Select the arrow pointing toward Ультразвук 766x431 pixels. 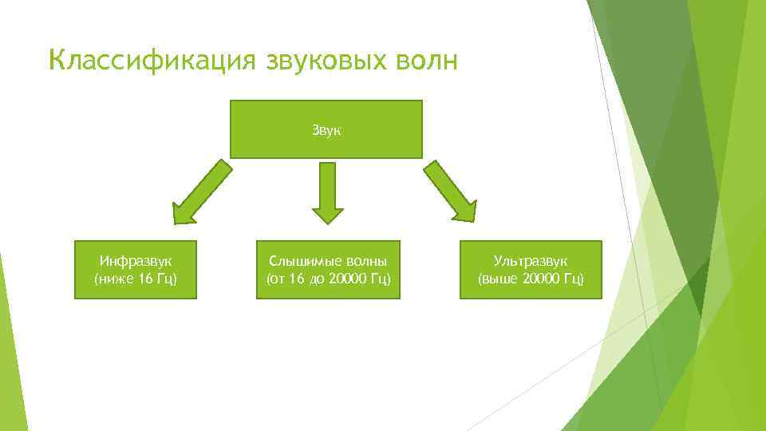452,192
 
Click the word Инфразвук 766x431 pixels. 136,261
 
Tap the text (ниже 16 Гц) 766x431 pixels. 136,279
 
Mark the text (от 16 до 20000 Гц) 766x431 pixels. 326,279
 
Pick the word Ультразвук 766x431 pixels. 531,261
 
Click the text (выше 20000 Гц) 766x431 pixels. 531,279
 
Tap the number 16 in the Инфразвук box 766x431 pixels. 141,279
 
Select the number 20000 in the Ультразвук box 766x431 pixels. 542,279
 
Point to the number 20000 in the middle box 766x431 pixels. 348,279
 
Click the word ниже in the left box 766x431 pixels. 113,279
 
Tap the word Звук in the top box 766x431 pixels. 326,129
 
